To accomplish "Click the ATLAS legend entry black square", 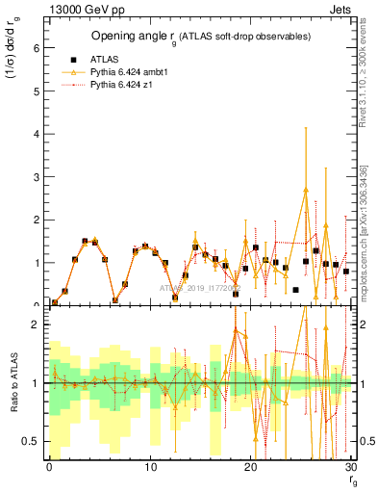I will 73,58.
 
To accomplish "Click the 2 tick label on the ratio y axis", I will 38,324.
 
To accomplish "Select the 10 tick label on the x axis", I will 150,467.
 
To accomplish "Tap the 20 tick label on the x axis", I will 251,467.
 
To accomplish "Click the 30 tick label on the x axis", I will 351,467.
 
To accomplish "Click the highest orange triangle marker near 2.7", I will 306,190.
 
